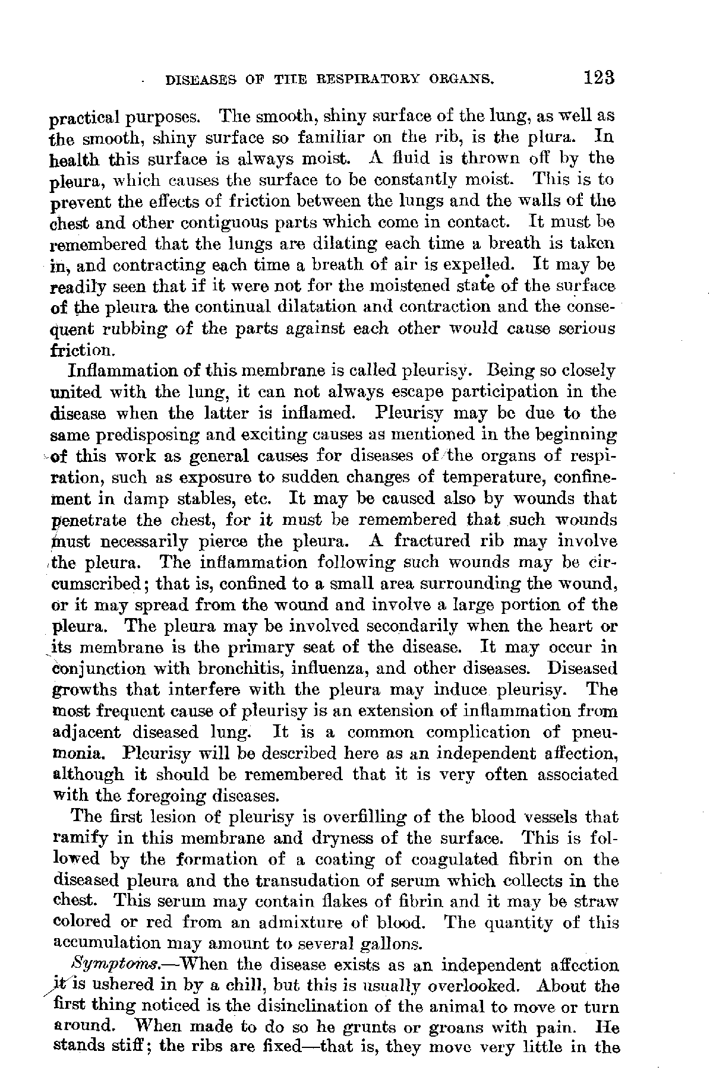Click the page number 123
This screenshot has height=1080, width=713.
[598, 78]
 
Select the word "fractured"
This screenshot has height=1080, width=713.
[437, 541]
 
